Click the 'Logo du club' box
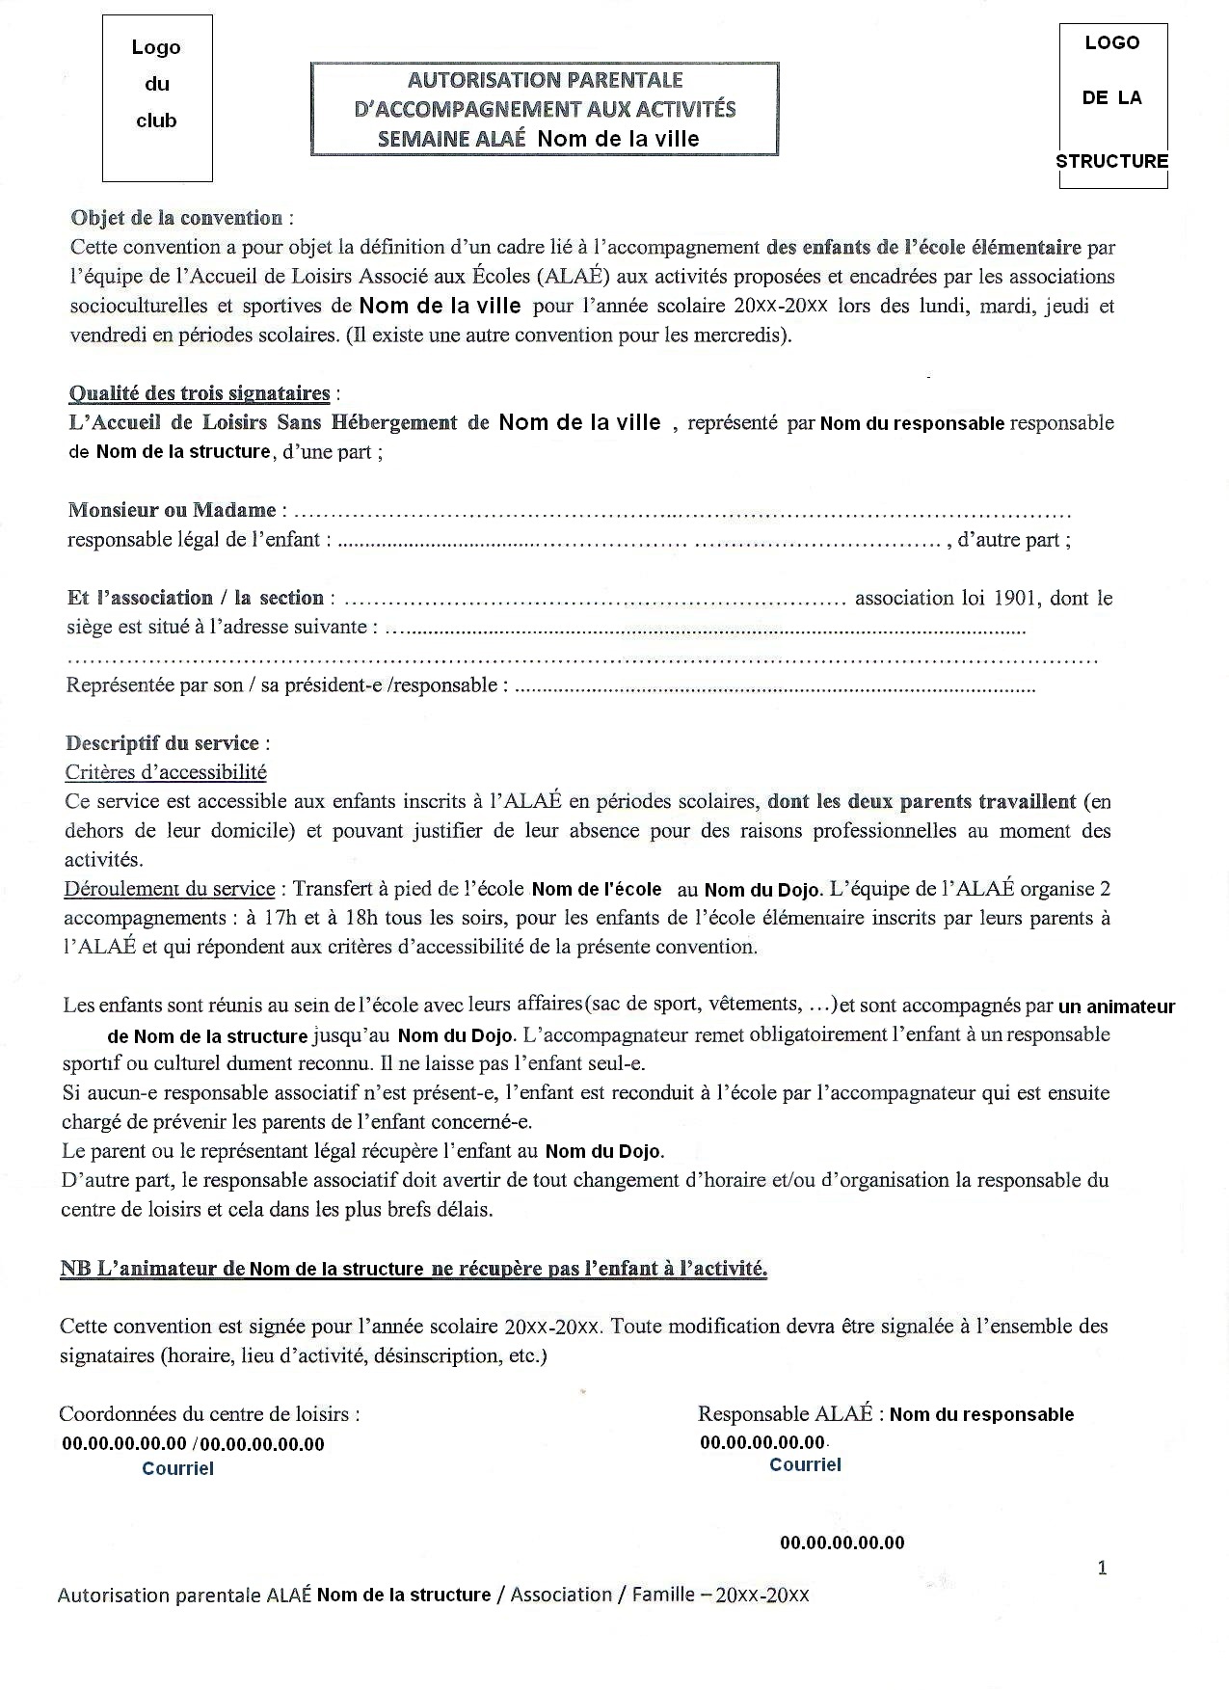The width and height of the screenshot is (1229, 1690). (x=157, y=97)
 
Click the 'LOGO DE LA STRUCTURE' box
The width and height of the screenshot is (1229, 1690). (x=1112, y=104)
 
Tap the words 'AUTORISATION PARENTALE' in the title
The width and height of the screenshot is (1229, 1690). (x=545, y=80)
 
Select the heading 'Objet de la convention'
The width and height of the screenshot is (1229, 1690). (x=176, y=218)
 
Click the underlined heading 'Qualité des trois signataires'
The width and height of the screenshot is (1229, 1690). (x=199, y=393)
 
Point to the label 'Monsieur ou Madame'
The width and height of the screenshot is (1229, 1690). (x=172, y=510)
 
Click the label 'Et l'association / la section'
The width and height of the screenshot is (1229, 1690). (x=195, y=598)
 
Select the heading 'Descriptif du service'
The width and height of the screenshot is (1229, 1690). (x=162, y=743)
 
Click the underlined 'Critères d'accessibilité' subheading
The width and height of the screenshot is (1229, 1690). (x=166, y=772)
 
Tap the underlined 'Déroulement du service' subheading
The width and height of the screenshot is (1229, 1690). (x=169, y=889)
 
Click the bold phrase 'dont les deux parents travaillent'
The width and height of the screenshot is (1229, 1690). (x=922, y=801)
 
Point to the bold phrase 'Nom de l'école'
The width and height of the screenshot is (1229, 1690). (x=597, y=890)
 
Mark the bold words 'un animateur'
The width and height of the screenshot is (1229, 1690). (x=1116, y=1007)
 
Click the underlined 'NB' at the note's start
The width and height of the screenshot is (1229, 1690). (x=74, y=1269)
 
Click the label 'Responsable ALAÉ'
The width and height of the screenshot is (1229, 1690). (x=785, y=1414)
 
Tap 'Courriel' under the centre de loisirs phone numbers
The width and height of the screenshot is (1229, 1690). (x=177, y=1468)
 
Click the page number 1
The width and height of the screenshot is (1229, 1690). (x=1102, y=1568)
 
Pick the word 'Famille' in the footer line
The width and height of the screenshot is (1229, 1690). (x=663, y=1595)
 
